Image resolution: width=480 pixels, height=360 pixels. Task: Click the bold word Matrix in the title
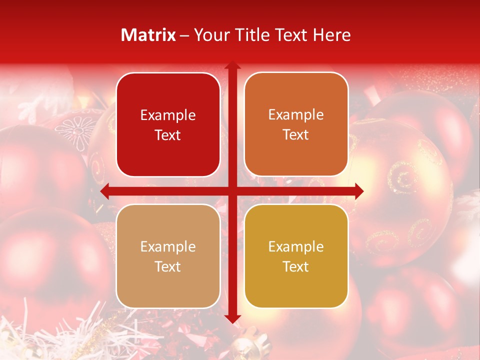(148, 35)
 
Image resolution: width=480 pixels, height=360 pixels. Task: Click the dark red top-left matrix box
(168, 124)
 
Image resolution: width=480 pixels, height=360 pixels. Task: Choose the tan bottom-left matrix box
(168, 256)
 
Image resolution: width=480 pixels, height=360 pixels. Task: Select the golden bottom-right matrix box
(296, 256)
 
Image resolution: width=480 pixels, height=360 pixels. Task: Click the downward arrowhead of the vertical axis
(232, 318)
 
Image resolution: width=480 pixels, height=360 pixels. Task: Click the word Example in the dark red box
(168, 115)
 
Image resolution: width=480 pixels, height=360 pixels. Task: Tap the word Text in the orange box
(296, 135)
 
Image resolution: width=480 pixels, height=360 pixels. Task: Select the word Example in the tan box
(168, 247)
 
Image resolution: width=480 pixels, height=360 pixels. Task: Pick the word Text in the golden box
(296, 267)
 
